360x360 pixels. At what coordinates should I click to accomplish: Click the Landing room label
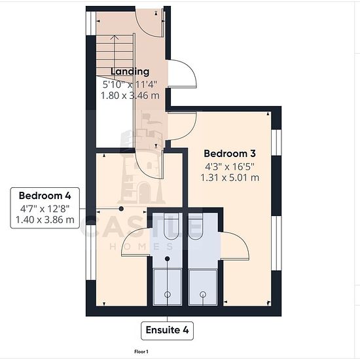point(130,71)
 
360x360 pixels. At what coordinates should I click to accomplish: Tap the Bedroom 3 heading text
point(230,154)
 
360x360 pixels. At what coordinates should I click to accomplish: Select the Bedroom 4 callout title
point(45,196)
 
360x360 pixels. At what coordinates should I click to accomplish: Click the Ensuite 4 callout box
point(167,331)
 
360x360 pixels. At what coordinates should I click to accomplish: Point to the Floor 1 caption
point(141,351)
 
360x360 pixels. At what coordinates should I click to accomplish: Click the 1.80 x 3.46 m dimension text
point(130,96)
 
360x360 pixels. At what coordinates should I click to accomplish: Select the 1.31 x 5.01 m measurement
point(230,177)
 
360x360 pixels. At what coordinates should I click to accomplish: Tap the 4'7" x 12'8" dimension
point(45,209)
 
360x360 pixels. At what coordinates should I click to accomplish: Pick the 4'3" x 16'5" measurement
point(230,167)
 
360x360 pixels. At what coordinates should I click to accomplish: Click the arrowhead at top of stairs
point(114,37)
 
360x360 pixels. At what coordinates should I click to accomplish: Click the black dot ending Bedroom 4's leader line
point(121,209)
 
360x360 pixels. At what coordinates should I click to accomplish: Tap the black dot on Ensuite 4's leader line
point(168,259)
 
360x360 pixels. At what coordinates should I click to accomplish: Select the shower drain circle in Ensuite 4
point(168,295)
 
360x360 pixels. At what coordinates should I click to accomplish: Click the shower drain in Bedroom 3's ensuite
point(203,295)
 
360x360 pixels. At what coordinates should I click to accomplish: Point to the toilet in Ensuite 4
point(171,226)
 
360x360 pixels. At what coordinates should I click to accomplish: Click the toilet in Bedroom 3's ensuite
point(196,226)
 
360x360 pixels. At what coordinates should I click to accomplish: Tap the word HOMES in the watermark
point(141,247)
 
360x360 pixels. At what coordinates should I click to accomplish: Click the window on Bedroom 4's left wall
point(91,252)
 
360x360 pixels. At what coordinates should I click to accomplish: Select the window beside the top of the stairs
point(91,23)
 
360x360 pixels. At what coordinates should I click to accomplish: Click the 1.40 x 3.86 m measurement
point(45,220)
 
